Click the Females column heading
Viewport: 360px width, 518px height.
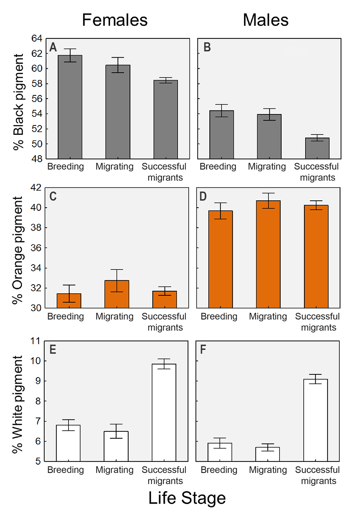(x=115, y=20)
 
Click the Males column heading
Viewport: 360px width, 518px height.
(x=266, y=20)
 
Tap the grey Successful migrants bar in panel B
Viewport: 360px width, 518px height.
(x=317, y=148)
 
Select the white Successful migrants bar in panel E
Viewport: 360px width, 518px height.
(x=164, y=412)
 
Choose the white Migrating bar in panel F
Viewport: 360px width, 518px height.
(x=267, y=454)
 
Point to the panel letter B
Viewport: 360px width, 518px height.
(x=207, y=47)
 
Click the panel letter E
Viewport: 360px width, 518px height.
(x=53, y=350)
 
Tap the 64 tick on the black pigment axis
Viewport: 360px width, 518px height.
(x=37, y=38)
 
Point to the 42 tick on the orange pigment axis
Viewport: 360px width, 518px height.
(x=36, y=188)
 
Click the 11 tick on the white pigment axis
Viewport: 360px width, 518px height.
(x=36, y=341)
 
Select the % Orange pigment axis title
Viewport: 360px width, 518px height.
(x=17, y=250)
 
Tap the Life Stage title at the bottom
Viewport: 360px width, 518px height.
(x=187, y=498)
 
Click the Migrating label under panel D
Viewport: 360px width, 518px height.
(x=268, y=316)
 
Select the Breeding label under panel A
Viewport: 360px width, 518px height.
(x=65, y=166)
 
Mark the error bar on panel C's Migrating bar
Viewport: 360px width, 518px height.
(x=117, y=280)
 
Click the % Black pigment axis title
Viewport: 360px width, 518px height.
(x=18, y=102)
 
